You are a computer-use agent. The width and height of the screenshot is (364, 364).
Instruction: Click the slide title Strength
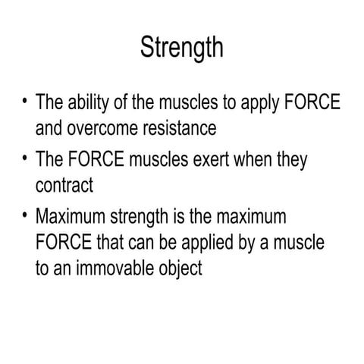click(x=182, y=47)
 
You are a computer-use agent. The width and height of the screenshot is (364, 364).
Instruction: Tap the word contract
click(x=64, y=184)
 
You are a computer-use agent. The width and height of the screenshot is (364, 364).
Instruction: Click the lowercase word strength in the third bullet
click(x=152, y=218)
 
